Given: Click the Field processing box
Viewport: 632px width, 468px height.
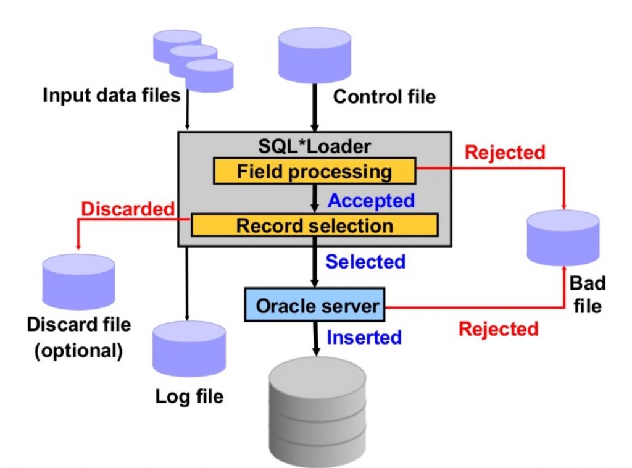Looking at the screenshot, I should click(314, 171).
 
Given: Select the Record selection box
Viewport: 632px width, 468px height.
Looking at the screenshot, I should click(314, 225).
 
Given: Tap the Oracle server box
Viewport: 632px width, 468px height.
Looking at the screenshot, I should click(314, 305).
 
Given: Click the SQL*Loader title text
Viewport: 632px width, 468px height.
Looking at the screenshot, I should click(315, 146).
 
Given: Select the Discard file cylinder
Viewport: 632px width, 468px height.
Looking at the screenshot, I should click(78, 281).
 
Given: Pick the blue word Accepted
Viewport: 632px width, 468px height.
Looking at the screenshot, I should click(371, 201).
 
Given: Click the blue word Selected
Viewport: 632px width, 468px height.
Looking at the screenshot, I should click(365, 261).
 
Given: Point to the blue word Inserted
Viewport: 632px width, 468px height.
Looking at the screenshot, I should click(364, 338).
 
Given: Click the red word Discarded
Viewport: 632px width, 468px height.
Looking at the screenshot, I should click(128, 209).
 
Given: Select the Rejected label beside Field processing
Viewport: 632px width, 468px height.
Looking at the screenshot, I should click(505, 152).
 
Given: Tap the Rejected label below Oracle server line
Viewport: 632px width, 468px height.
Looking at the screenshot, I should click(497, 328).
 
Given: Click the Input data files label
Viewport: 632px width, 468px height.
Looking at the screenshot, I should click(111, 96).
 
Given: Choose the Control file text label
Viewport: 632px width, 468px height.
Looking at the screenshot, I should click(384, 96).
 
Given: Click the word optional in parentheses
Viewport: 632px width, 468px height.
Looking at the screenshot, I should click(78, 350).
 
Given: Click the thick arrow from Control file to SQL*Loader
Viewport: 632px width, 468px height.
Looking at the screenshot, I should click(315, 109).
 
